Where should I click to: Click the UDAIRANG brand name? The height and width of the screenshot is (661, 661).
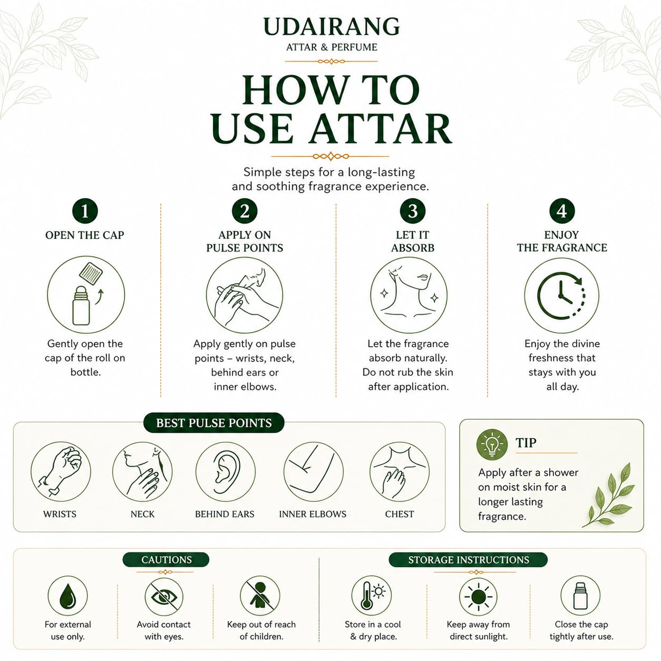point(332,26)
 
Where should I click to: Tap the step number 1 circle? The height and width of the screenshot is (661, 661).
point(85,211)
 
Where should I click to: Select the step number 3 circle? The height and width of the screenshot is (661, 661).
point(413,211)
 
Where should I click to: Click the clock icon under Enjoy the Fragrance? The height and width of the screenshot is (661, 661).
point(561,295)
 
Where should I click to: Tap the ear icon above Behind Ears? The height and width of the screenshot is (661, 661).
point(226,471)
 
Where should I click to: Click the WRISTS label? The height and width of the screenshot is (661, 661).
point(60,514)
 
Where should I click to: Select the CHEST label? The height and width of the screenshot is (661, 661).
point(399,514)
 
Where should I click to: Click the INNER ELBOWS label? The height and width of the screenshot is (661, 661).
point(313,514)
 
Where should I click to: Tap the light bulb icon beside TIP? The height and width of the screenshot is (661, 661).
point(492,444)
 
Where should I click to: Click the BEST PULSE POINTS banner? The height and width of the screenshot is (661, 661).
point(213,423)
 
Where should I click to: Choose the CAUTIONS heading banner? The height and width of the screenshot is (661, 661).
point(166,559)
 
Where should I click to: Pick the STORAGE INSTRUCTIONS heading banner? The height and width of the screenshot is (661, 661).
point(468,559)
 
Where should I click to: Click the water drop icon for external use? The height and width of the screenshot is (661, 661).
point(67,596)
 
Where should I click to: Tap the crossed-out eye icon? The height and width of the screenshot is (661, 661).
point(164,597)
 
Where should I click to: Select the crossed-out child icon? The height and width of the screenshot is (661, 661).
point(260,596)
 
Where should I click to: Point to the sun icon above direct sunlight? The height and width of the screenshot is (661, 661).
point(478,597)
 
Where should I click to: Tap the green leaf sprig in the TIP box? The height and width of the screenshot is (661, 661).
point(609,495)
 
